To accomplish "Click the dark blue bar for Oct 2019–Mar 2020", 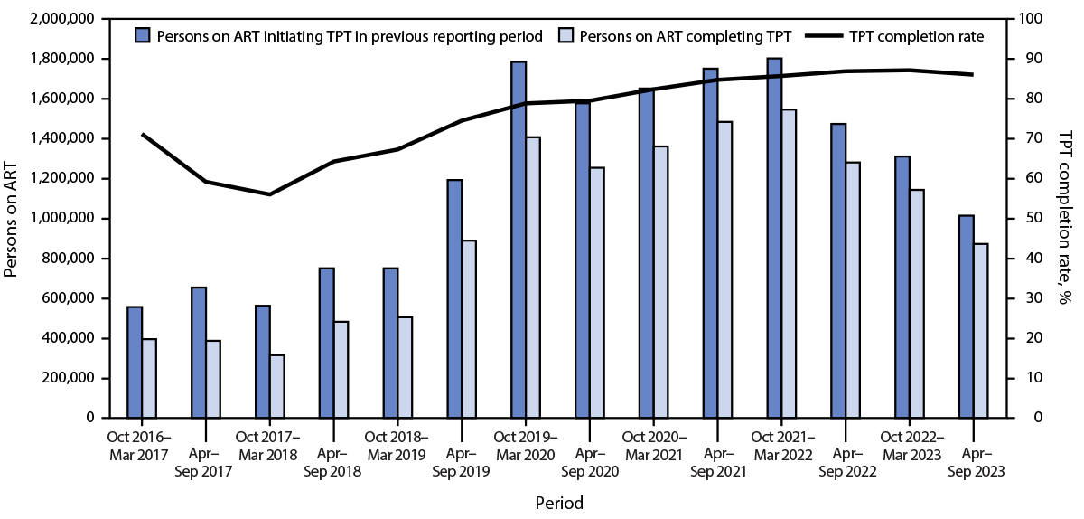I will point(519,240).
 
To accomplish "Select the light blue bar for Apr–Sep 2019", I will point(469,329).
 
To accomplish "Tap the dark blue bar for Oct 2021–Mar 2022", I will point(775,238).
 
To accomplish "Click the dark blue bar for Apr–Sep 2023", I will point(967,316).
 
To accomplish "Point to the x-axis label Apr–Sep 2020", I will point(590,462).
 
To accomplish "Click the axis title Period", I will point(557,503).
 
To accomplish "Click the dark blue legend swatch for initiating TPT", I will point(143,37).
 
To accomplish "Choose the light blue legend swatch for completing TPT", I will point(565,37).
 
